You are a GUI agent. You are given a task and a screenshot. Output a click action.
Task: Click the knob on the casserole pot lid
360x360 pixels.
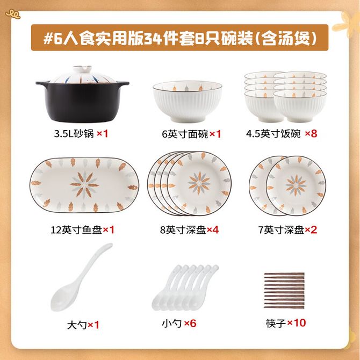coord(82,69)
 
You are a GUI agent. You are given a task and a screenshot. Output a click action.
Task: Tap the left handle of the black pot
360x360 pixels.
coord(42,83)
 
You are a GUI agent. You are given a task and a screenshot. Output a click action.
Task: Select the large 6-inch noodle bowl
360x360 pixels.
coord(188,101)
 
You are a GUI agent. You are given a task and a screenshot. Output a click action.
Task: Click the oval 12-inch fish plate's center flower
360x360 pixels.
coord(84,184)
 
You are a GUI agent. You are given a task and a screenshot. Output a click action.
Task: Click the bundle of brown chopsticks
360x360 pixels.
coord(284,290)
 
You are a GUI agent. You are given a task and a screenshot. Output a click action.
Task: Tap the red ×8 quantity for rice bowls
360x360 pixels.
coord(311,133)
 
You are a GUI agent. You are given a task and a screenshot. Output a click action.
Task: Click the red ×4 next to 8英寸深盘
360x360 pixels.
coord(213,229)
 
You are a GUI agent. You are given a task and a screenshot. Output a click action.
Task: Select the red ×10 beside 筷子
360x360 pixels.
coord(297,323)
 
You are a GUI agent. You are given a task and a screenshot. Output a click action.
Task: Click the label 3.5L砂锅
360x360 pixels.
coord(74,134)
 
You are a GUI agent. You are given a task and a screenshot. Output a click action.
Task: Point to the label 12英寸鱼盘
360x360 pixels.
coord(76,230)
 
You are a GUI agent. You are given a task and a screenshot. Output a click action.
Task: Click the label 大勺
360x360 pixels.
coord(77,325)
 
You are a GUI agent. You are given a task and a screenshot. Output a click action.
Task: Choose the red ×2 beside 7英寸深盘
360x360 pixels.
coord(311,229)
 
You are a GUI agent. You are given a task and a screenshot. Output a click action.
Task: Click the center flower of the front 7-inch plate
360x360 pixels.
coord(296,185)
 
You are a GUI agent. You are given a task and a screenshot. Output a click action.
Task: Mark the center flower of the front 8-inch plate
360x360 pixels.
coord(199,183)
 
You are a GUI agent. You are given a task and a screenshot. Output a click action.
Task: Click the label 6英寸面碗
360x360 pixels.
coord(185,134)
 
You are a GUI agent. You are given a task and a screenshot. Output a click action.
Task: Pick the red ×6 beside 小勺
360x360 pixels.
coord(190,323)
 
